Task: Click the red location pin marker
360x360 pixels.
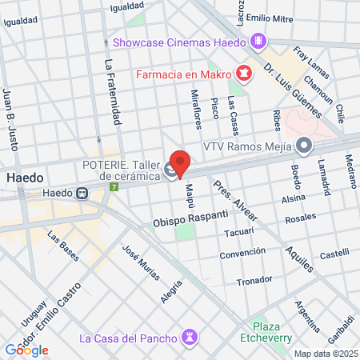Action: click(x=181, y=164)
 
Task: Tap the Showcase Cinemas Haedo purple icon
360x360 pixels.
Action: click(x=258, y=41)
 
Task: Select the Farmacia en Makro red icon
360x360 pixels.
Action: click(x=242, y=74)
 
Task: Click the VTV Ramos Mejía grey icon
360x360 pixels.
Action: click(x=304, y=146)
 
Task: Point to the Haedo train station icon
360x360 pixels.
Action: click(x=82, y=193)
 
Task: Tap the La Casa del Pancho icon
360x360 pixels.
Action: click(x=189, y=337)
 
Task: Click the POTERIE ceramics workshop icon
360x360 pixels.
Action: click(x=170, y=169)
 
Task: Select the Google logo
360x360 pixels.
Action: click(x=26, y=350)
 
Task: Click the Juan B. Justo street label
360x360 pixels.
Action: click(x=11, y=120)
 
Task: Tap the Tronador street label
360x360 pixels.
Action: click(x=254, y=282)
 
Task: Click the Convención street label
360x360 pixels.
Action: click(x=243, y=254)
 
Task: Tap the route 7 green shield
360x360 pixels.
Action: click(x=114, y=187)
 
